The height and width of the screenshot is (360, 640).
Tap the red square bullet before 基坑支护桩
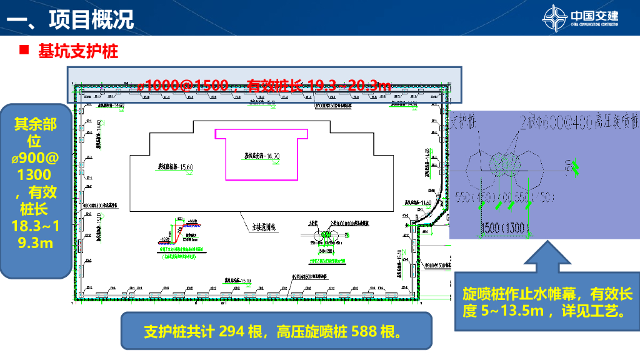click(24, 51)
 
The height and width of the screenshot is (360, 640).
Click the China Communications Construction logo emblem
click(554, 17)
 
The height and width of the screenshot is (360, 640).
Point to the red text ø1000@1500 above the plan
click(184, 86)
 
